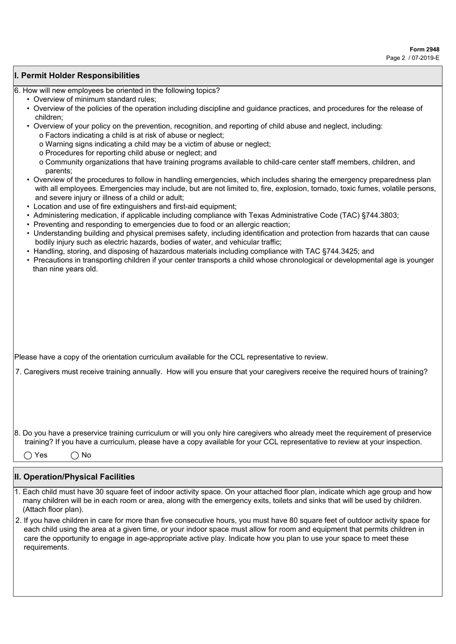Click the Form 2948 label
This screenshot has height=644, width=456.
(x=424, y=49)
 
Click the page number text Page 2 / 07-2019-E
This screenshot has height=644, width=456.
(x=413, y=58)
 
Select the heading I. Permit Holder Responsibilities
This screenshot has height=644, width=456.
(x=77, y=75)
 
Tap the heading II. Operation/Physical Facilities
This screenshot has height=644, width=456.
(x=74, y=477)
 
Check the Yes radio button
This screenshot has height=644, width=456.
(x=28, y=455)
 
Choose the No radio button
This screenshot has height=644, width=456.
(x=74, y=455)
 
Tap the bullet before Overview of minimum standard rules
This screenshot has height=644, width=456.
(x=28, y=99)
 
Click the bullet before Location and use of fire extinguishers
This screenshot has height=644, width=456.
(x=28, y=206)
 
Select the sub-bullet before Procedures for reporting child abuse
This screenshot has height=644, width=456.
(x=41, y=153)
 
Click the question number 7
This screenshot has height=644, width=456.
(x=18, y=372)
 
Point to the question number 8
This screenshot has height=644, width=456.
(x=17, y=433)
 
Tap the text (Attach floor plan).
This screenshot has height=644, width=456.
(x=53, y=509)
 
